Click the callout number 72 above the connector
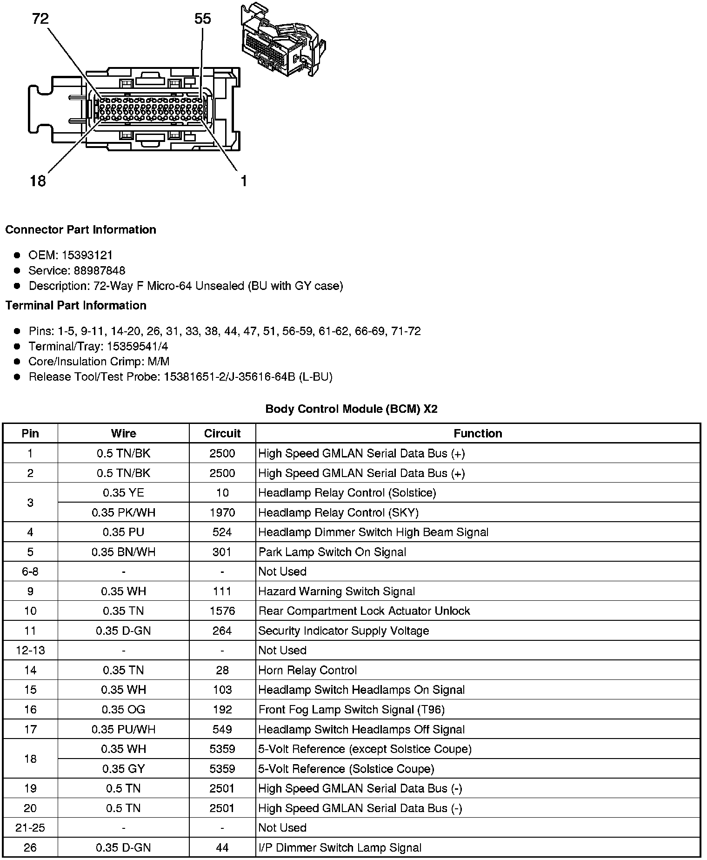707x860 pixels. (x=40, y=19)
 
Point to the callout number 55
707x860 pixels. (x=202, y=19)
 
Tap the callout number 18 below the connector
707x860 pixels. (x=38, y=181)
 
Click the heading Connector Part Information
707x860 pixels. (x=80, y=230)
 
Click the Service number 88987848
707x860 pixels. (x=100, y=270)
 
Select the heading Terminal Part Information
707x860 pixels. (x=76, y=305)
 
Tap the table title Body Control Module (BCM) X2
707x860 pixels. (x=351, y=409)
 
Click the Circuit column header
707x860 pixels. (x=222, y=433)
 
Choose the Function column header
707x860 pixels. (x=478, y=433)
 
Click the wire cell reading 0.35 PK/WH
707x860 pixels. (x=123, y=512)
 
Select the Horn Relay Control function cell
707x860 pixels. (x=307, y=670)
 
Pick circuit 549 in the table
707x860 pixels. (x=222, y=729)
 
